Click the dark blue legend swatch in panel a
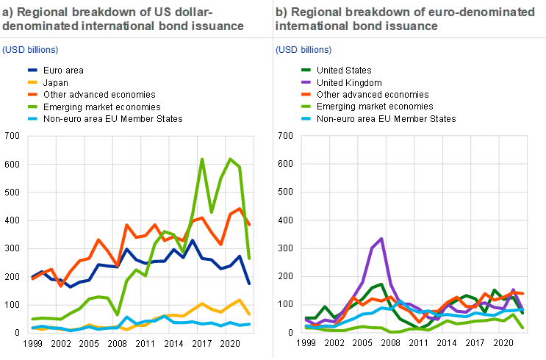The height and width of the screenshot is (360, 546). click(32, 71)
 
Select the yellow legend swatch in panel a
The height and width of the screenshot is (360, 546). click(32, 82)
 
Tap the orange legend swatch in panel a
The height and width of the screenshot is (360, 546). click(32, 94)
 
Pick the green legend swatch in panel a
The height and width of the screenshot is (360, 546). click(32, 107)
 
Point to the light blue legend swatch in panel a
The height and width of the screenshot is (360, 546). click(32, 118)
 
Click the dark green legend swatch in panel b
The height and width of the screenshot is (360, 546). click(306, 71)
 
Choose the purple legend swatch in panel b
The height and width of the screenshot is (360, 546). click(306, 82)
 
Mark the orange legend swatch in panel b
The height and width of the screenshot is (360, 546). click(306, 94)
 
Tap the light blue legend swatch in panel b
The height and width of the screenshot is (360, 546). click(306, 118)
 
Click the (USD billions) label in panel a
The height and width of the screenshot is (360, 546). click(30, 50)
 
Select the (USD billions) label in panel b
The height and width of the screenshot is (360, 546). click(303, 50)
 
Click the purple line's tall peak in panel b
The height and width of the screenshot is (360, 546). click(381, 239)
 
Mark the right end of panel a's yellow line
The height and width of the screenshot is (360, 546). click(250, 314)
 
